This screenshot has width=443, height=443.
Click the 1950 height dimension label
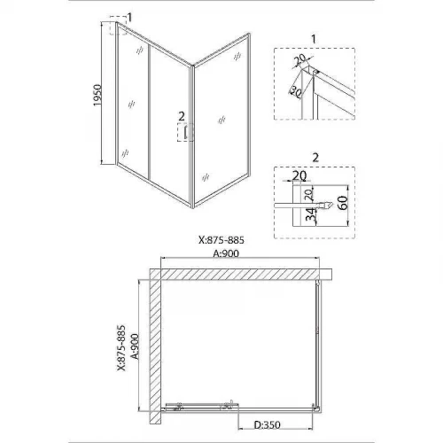pos(97,95)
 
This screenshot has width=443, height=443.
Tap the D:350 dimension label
pos(267,425)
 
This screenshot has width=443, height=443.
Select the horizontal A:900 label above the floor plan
pos(226,253)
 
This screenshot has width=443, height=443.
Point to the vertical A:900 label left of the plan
pos(135,346)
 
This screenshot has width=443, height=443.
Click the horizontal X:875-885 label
pos(221,240)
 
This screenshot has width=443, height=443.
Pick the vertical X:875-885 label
pos(121,348)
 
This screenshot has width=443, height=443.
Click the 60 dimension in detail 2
pos(343,203)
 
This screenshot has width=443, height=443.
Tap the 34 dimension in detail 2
pos(310,214)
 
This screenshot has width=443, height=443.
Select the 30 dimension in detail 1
pos(296,92)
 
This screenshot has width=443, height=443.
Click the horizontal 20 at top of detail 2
pos(299,175)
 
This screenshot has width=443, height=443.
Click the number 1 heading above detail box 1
pos(314,39)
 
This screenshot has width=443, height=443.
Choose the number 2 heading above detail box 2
pos(315,158)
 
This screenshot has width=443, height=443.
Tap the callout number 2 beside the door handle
pos(182,116)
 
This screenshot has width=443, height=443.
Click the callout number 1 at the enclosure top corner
pos(129,17)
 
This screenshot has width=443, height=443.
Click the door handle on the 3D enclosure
pos(185,132)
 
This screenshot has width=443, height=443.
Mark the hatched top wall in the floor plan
pos(240,275)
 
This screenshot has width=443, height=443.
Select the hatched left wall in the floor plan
pos(155,346)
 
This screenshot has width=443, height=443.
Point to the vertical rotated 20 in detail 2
pos(308,195)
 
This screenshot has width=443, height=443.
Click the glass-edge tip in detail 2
pos(332,205)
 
